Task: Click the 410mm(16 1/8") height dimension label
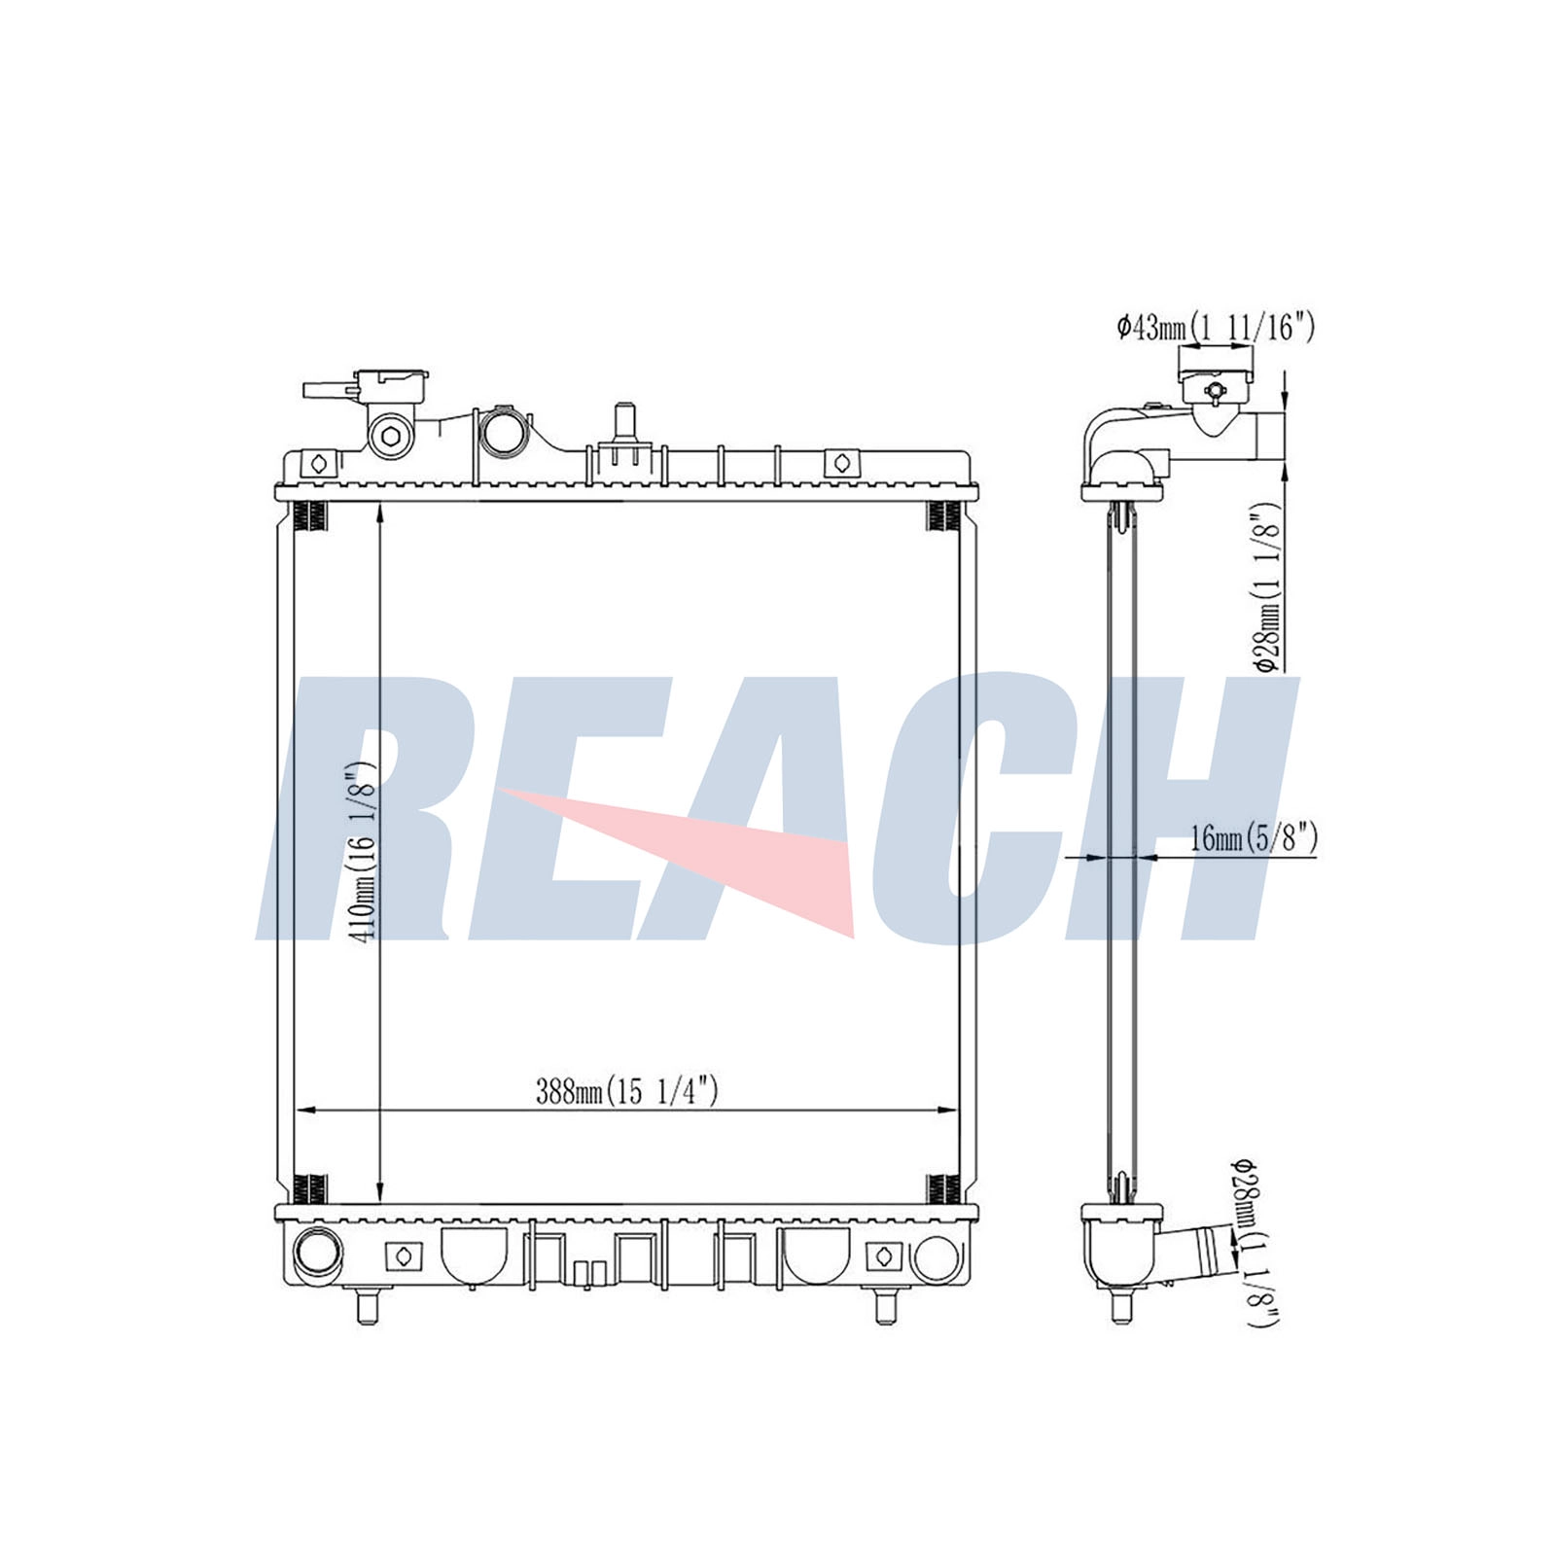[364, 851]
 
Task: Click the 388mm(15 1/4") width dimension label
[627, 1091]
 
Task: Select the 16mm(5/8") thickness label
[1254, 837]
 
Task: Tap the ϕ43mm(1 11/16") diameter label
[1215, 328]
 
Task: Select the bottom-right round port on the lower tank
[937, 1255]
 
